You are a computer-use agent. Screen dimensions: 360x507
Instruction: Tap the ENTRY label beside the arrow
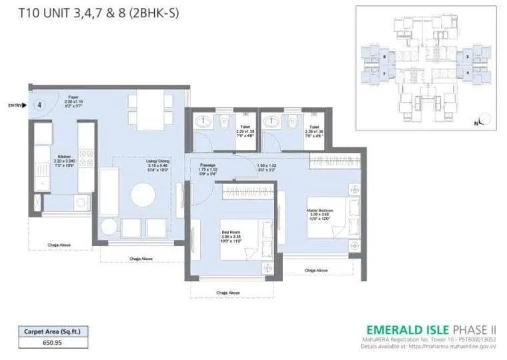pos(15,105)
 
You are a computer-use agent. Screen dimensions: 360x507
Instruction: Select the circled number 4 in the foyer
pos(39,105)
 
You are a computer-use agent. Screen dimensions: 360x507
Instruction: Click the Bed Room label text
pos(230,233)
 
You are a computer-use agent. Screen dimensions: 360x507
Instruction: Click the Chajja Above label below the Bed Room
pos(227,291)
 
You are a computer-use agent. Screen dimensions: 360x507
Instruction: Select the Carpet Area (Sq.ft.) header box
pos(53,330)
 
